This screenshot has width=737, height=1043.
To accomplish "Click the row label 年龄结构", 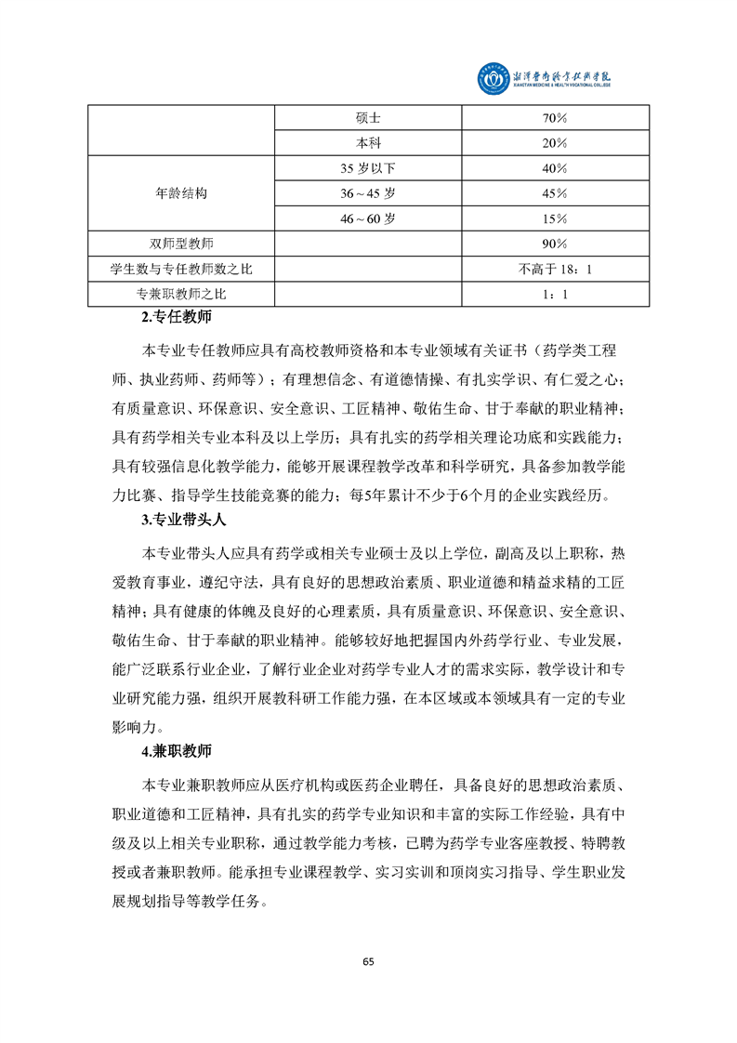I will pyautogui.click(x=181, y=194).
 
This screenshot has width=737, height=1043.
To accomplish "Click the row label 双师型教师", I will pyautogui.click(x=181, y=244).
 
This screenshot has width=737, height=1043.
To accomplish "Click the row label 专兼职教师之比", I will pyautogui.click(x=181, y=295).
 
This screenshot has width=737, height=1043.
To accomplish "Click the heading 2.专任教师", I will pyautogui.click(x=176, y=318).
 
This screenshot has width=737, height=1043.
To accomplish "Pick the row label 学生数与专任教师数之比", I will pyautogui.click(x=181, y=270).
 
